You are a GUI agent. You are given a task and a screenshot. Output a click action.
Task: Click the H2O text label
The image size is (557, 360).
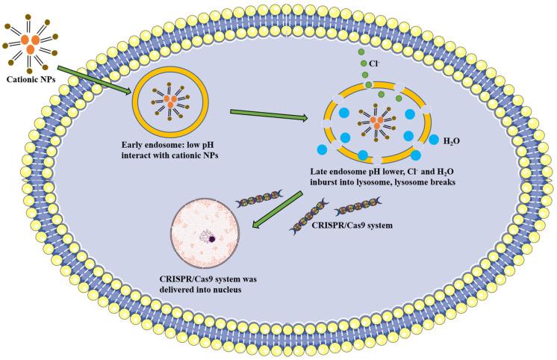(453, 139)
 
